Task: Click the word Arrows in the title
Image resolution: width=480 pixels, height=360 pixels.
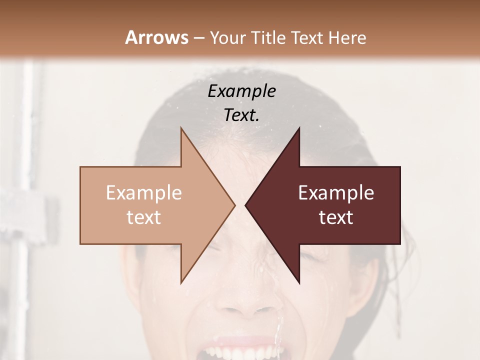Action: tap(156, 37)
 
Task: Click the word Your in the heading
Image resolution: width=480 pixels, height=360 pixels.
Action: tap(227, 38)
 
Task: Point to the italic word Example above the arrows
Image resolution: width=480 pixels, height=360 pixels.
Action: tap(241, 91)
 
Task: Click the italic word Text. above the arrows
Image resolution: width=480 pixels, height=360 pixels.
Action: tap(241, 115)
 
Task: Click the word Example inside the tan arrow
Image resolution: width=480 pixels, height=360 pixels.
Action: tap(144, 193)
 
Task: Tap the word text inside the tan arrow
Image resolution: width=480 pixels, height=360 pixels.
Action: tap(144, 217)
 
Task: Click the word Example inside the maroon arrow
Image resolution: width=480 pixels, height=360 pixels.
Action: tap(336, 193)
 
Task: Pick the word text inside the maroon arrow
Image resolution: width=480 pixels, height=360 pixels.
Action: tap(336, 217)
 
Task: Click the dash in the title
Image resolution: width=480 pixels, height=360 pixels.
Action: tap(198, 38)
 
